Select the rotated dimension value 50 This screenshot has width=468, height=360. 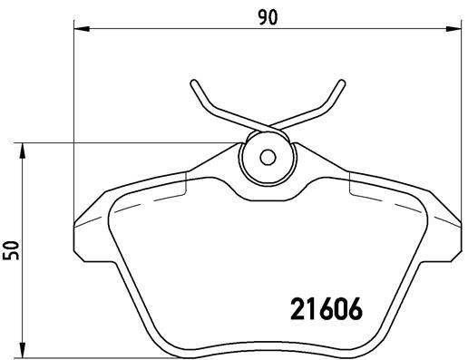[11, 251]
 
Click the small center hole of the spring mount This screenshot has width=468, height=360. [267, 156]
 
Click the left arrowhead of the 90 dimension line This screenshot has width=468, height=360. [77, 31]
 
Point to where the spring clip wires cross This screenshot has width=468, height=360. [268, 126]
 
